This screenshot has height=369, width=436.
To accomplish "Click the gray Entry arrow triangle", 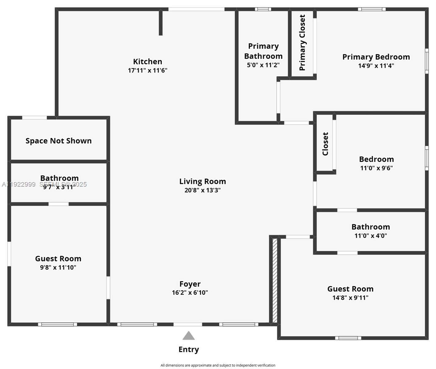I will click(189, 336).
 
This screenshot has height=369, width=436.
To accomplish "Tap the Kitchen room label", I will click(147, 61).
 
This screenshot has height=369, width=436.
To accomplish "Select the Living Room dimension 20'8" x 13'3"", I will click(202, 190).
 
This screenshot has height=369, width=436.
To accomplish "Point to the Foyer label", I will click(190, 284).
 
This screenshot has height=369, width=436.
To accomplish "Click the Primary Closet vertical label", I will click(302, 42).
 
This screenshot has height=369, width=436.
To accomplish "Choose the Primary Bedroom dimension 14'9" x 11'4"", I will click(376, 65).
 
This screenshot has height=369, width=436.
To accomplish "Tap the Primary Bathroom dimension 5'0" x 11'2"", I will click(263, 65).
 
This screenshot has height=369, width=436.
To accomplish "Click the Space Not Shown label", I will click(58, 141).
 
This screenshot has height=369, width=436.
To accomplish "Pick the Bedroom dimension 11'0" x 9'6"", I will click(376, 168).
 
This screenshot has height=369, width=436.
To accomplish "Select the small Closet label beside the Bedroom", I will click(325, 144).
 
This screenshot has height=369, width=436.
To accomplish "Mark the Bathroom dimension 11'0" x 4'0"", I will click(371, 236).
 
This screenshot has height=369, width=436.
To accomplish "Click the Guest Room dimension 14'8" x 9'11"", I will click(350, 298).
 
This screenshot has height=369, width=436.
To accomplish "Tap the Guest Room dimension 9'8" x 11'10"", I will click(58, 268).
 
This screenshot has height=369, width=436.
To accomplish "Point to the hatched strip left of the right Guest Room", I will click(275, 280).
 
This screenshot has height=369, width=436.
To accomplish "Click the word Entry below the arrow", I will click(189, 350).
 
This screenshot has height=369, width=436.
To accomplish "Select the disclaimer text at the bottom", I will click(218, 365).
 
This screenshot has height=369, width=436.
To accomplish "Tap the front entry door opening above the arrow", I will click(188, 324).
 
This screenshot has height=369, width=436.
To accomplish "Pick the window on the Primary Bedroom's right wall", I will click(427, 61).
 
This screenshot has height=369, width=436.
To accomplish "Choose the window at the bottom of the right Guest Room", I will click(348, 338).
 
